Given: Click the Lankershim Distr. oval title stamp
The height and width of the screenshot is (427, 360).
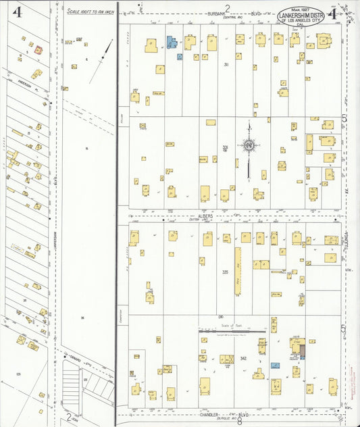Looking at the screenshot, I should pyautogui.click(x=301, y=17).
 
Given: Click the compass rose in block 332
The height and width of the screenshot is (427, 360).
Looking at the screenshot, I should pyautogui.click(x=249, y=144).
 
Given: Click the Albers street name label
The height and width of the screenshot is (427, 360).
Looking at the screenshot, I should pyautogui.click(x=207, y=217).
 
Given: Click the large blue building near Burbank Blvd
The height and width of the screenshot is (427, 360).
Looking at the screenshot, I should pyautogui.click(x=172, y=43).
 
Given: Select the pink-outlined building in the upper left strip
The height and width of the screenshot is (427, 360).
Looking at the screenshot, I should pyautogui.click(x=38, y=50).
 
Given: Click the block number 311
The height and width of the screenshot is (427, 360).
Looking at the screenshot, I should pyautogui.click(x=227, y=65).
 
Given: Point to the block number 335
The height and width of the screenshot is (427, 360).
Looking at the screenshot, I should pyautogui.click(x=224, y=272).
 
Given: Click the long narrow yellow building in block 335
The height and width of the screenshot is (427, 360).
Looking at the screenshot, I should pyautogui.click(x=237, y=270).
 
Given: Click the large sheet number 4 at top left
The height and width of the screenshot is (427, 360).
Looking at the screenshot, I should pyautogui.click(x=17, y=13).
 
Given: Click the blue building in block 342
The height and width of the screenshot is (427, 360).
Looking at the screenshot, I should pyautogui.click(x=275, y=365).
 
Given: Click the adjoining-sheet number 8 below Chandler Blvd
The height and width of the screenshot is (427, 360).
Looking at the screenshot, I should pyautogui.click(x=239, y=420).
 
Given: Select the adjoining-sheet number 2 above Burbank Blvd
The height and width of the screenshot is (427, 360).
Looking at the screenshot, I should pyautogui.click(x=228, y=7).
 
